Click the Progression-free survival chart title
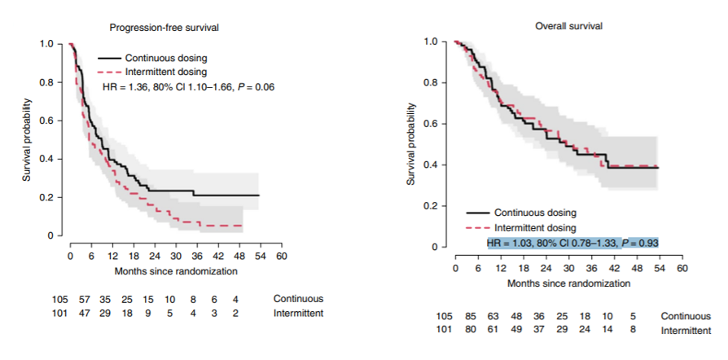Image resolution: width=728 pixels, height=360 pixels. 164,28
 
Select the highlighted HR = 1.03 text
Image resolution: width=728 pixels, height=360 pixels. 572,243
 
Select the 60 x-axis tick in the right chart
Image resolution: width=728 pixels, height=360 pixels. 682,268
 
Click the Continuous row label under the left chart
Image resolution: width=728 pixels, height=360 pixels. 298,299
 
